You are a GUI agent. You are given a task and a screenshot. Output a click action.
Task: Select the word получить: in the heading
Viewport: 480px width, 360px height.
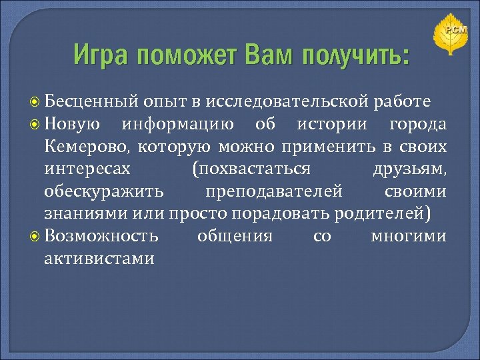[x=355, y=55]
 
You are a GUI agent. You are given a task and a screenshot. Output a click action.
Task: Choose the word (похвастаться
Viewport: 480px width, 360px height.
[x=250, y=169]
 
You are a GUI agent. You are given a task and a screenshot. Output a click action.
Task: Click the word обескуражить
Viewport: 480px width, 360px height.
[x=103, y=191]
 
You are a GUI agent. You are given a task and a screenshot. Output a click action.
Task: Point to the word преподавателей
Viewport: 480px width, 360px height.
[x=274, y=191]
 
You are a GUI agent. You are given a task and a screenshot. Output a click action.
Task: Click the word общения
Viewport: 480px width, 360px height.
[x=235, y=236]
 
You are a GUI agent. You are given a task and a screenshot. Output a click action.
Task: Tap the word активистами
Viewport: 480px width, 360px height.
[x=99, y=258]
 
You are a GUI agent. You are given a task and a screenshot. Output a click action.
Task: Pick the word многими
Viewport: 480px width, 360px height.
[x=409, y=236]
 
